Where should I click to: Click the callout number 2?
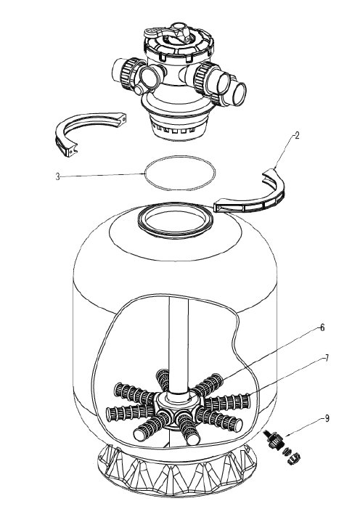point(296,135)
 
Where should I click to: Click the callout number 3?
point(57,176)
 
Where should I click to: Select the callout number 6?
point(322,327)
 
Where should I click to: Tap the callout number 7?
point(327,358)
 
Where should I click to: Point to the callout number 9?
point(327,418)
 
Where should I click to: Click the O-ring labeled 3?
point(180,157)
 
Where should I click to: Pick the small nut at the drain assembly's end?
point(294,460)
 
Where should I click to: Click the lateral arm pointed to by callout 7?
point(228,402)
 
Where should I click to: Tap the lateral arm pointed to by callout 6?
point(208,386)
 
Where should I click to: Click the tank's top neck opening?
point(176,221)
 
